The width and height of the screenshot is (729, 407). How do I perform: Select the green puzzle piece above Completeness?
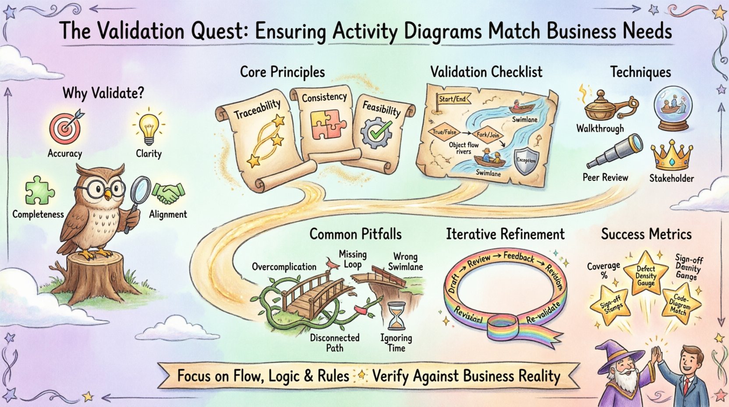tap(39, 191)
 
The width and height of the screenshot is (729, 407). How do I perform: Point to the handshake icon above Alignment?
tap(169, 193)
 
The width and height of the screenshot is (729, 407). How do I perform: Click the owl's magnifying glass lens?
tap(141, 189)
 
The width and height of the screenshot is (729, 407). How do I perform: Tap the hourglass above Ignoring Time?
tap(397, 315)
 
